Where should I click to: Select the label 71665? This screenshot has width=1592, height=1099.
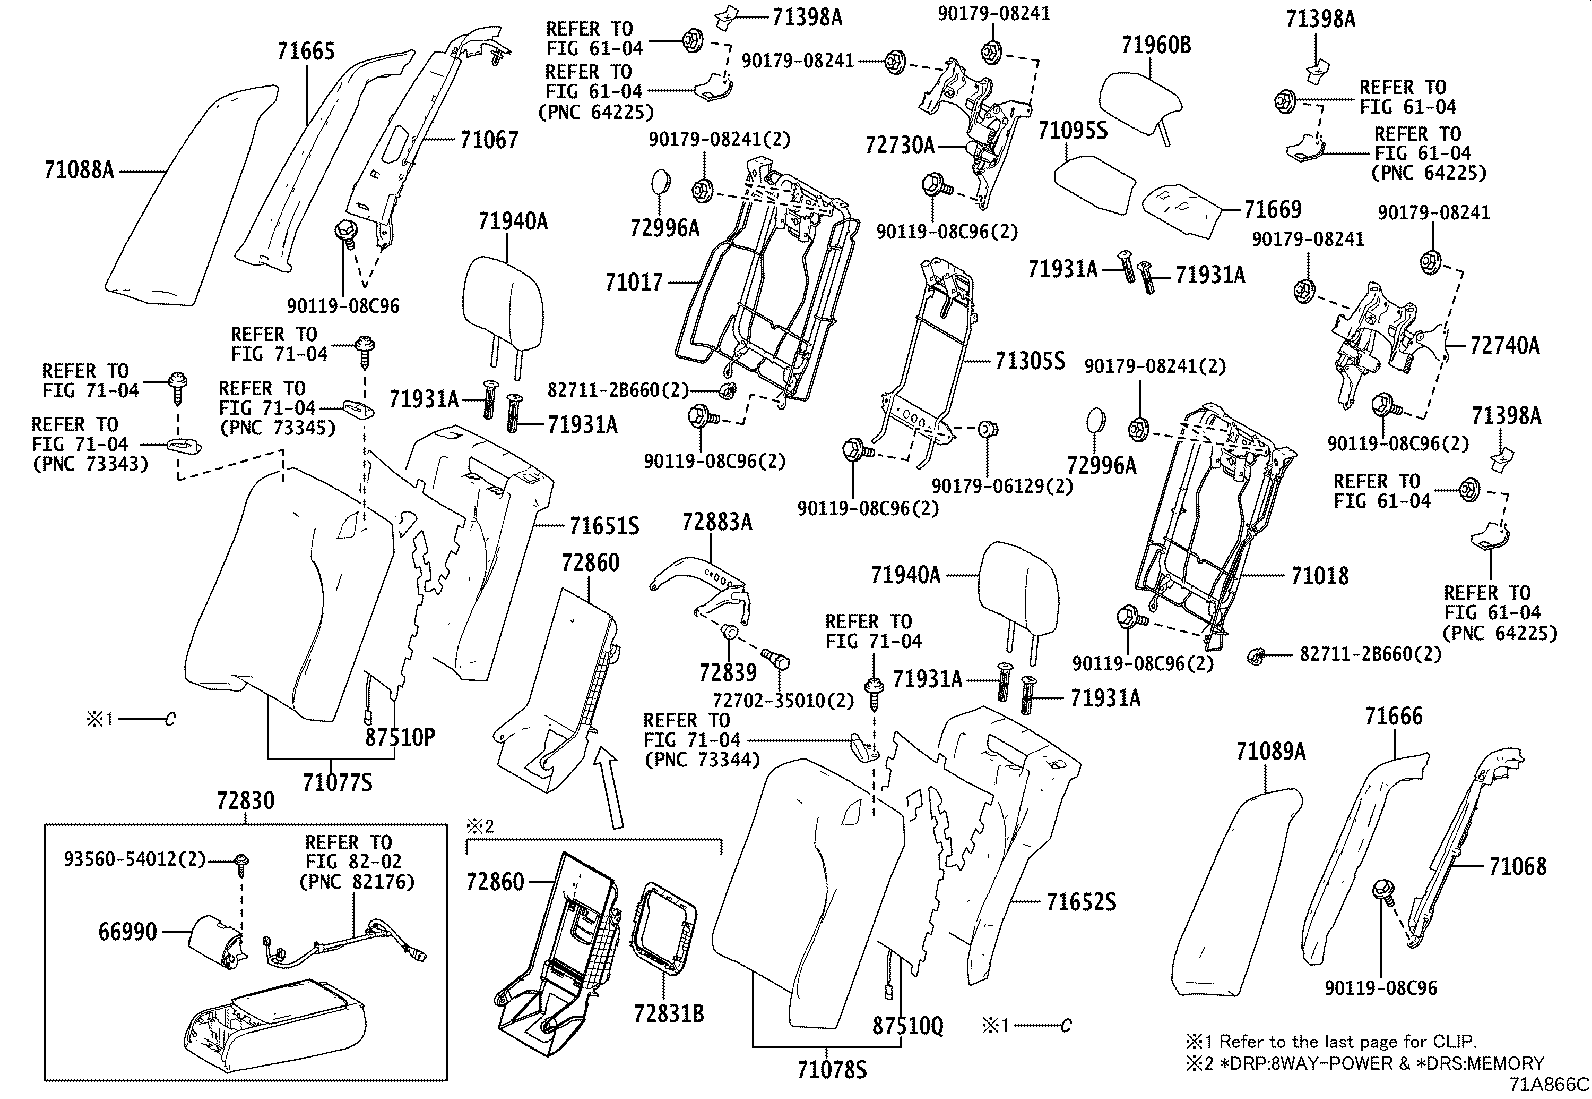coord(306,53)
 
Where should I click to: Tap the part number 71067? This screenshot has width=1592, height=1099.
coord(489,140)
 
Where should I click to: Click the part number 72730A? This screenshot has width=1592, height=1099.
coord(899,146)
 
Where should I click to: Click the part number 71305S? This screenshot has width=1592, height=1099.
coord(1030,361)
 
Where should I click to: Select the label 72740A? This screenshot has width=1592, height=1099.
coord(1505,346)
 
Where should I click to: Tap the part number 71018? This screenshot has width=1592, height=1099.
coord(1319,576)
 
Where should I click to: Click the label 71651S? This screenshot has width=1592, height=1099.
coord(604,526)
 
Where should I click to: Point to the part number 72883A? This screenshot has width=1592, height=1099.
coord(718,522)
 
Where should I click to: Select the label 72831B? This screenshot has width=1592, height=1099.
coord(668,1014)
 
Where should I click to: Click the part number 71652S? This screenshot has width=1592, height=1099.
coord(1081,902)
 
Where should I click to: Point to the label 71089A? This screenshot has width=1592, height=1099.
coord(1270,751)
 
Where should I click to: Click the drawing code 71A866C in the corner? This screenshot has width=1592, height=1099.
coord(1549,1084)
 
